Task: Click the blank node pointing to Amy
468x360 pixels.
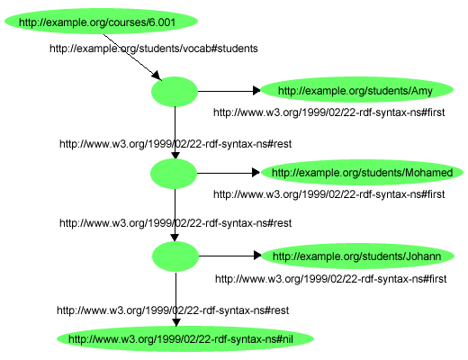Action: (175, 91)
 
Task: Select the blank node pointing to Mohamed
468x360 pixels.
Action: (175, 173)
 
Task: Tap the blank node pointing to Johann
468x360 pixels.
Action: (175, 256)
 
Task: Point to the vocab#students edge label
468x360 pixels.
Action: (153, 48)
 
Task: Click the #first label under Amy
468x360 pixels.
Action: (328, 113)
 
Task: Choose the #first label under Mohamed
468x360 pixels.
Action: (328, 194)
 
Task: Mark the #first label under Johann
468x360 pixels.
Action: (330, 279)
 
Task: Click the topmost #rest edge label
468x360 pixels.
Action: (175, 143)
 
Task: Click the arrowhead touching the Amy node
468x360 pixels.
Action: (255, 91)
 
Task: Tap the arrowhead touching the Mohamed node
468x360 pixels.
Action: (255, 173)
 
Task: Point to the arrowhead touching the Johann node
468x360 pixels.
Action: (256, 256)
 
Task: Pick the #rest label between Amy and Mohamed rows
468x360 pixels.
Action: (175, 143)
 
